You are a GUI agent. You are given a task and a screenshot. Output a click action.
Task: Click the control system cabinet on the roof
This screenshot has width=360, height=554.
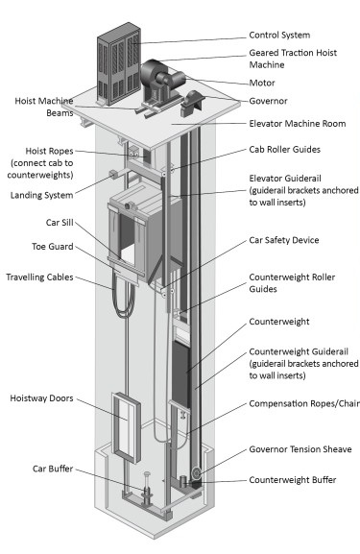[119, 64]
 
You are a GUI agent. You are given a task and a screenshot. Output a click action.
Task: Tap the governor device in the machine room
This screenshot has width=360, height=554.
[191, 103]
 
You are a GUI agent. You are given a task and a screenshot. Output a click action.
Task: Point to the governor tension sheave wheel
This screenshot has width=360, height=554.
[196, 472]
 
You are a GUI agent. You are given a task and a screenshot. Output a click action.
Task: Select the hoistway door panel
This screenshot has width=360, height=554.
[126, 427]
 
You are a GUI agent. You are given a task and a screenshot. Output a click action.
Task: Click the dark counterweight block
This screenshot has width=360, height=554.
[180, 373]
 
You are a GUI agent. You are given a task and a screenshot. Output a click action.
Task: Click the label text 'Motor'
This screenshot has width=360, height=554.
[262, 83]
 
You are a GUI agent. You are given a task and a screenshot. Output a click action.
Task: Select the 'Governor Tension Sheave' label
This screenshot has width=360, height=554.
[300, 449]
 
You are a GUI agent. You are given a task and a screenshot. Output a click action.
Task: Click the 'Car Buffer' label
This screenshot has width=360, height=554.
[53, 469]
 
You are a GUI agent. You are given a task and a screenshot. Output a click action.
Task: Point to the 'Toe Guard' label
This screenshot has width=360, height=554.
[53, 247]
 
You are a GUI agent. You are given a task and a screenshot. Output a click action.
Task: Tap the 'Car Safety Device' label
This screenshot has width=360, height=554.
[284, 240]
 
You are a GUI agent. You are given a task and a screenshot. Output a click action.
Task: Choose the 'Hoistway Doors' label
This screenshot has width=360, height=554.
[41, 398]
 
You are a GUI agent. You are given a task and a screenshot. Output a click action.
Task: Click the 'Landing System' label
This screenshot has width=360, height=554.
[41, 195]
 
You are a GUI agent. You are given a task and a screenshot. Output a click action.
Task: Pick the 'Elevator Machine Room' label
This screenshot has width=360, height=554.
[297, 124]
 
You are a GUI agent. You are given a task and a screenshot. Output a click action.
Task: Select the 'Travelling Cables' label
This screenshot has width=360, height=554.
[39, 277]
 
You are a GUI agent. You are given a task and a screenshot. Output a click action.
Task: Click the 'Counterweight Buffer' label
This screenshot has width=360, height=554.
[293, 480]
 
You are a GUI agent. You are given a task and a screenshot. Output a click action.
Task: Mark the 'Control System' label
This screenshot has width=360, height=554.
[279, 35]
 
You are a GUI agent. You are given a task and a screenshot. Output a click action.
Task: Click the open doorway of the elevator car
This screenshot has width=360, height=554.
[128, 239]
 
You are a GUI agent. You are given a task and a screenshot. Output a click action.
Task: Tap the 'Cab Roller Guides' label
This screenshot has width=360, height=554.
[285, 150]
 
